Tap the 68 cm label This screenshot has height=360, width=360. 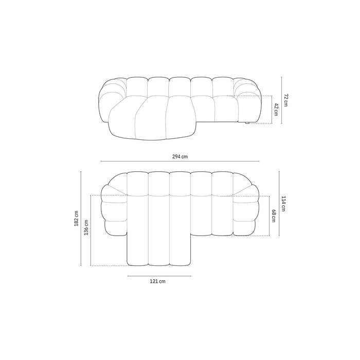click(274, 215)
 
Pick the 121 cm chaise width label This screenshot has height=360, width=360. click(158, 282)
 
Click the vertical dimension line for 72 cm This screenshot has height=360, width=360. click(281, 101)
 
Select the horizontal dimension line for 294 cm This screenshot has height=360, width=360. click(179, 161)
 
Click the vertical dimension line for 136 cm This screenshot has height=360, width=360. click(91, 230)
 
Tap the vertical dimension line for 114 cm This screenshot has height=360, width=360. click(279, 204)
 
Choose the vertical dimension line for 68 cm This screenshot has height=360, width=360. click(269, 215)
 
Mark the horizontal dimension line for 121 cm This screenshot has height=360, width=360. click(159, 276)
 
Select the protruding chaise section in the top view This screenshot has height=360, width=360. click(159, 242)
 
